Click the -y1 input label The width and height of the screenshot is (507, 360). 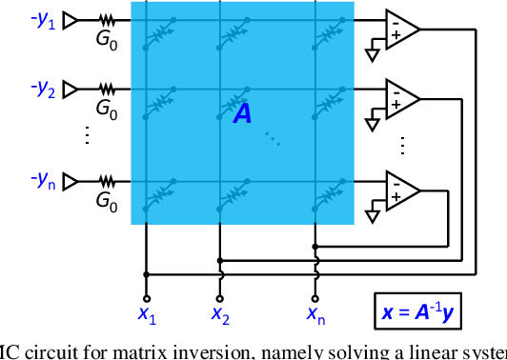point(42,21)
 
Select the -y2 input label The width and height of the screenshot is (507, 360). point(42,90)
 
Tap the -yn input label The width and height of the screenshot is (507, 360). point(42,178)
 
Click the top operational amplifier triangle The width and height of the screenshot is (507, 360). point(400,29)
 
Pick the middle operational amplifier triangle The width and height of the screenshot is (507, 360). point(400,97)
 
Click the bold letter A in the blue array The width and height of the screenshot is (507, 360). point(244,114)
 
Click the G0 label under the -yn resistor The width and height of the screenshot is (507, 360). point(107,201)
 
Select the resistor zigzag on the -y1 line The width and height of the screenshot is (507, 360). point(106,20)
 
